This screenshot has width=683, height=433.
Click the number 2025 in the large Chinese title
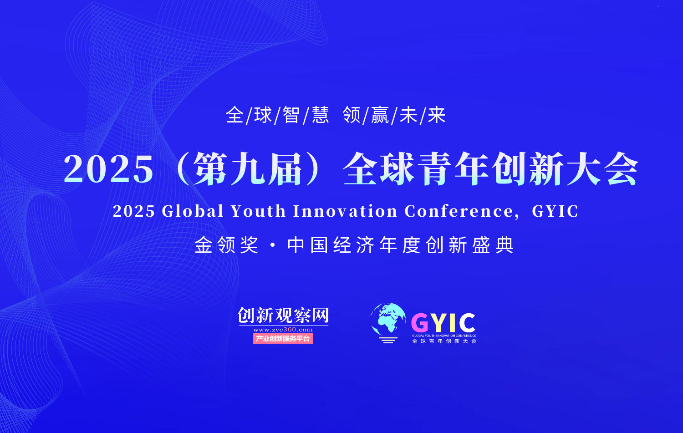pyautogui.click(x=108, y=169)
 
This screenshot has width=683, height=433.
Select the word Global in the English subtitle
pyautogui.click(x=193, y=211)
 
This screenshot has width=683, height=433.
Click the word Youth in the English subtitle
pyautogui.click(x=258, y=211)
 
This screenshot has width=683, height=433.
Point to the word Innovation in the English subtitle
pyautogui.click(x=345, y=211)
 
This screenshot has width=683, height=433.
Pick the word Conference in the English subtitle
pyautogui.click(x=459, y=211)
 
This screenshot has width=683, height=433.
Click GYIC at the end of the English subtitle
pyautogui.click(x=555, y=211)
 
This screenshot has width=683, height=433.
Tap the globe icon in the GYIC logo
pyautogui.click(x=388, y=323)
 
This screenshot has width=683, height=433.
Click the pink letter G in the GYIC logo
pyautogui.click(x=420, y=323)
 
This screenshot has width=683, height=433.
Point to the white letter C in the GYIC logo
pyautogui.click(x=467, y=323)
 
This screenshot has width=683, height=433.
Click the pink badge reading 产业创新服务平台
pyautogui.click(x=283, y=338)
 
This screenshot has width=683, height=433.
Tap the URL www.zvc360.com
pyautogui.click(x=283, y=330)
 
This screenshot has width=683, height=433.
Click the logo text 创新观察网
pyautogui.click(x=283, y=315)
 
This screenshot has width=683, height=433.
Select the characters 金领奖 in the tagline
pyautogui.click(x=227, y=245)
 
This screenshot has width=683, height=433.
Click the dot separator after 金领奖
pyautogui.click(x=273, y=245)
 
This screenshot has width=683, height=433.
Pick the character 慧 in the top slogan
pyautogui.click(x=321, y=115)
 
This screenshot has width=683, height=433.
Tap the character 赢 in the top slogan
pyautogui.click(x=380, y=115)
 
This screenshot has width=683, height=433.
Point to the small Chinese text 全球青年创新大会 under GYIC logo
pyautogui.click(x=444, y=341)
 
